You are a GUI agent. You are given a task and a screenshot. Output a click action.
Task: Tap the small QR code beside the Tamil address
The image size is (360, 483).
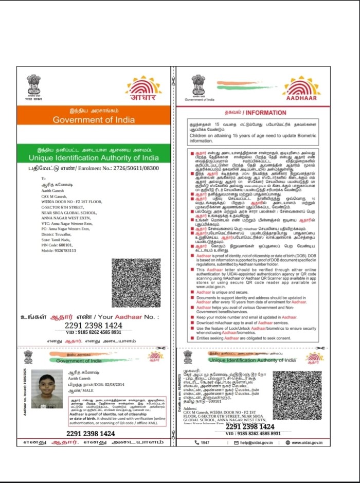[x=297, y=396]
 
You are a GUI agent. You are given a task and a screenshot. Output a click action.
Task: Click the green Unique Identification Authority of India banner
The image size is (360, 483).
[x=94, y=154]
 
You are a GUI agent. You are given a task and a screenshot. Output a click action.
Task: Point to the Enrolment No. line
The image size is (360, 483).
[x=94, y=168]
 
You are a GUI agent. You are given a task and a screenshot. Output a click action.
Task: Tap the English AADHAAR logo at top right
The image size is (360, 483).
[x=301, y=88]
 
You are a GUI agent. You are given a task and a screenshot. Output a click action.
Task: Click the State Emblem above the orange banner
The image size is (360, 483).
[x=33, y=85]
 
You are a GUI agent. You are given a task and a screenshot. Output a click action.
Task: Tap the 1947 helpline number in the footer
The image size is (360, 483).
[x=202, y=442]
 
